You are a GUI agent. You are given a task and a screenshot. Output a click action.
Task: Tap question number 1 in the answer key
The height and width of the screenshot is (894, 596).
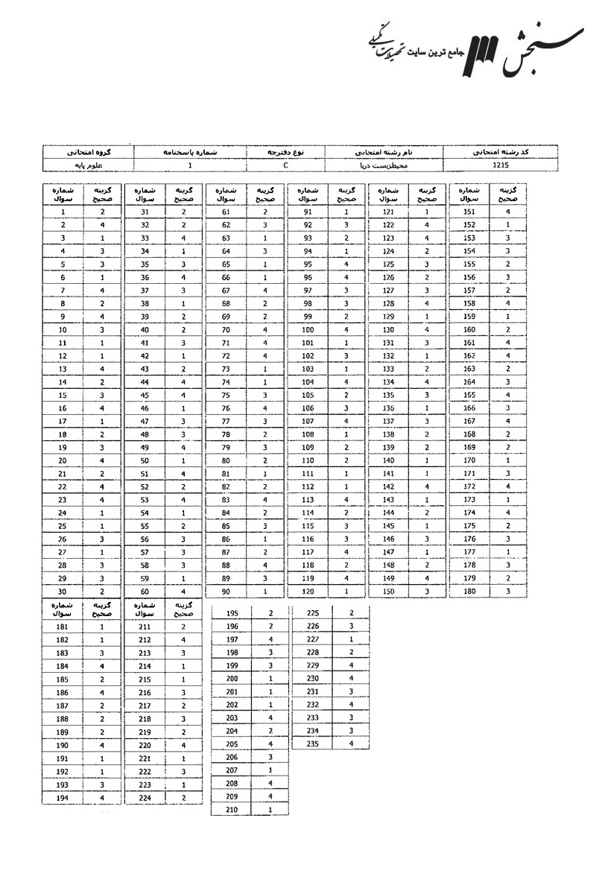tap(63, 212)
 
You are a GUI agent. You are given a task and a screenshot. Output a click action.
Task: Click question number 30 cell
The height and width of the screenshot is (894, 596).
tap(63, 592)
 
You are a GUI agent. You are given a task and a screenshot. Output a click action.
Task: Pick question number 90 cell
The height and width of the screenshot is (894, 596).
tap(225, 592)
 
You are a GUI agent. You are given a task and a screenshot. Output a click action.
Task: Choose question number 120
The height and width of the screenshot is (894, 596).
tap(307, 592)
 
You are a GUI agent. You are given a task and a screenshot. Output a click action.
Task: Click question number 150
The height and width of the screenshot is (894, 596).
tap(388, 592)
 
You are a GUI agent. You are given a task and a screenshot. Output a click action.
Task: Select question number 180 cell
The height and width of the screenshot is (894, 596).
tap(469, 592)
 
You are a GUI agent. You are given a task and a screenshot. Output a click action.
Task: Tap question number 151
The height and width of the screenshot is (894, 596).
tap(469, 212)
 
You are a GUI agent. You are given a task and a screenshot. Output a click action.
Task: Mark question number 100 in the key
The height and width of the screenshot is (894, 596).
tap(307, 329)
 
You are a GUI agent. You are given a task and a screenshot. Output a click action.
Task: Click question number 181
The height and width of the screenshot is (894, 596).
tap(63, 627)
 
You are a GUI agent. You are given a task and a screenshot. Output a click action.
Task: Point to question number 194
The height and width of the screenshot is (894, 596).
tap(63, 798)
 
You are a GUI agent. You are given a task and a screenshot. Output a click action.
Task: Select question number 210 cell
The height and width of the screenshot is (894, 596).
tap(231, 809)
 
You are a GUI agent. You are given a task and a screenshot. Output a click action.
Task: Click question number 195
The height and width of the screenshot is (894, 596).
tap(231, 613)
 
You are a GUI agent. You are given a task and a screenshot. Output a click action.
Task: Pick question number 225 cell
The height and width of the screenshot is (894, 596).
tap(313, 613)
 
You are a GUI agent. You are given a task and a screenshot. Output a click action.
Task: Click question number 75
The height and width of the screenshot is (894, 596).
tap(225, 395)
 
